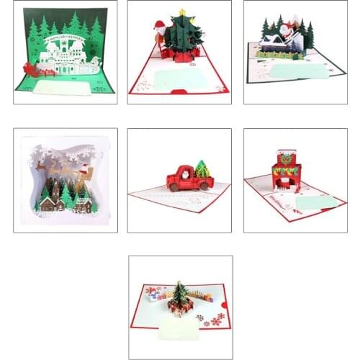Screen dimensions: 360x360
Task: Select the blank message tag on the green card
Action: coord(63,88)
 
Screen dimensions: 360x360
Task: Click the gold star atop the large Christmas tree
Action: coord(182,12)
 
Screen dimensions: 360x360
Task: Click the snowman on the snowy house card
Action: coord(286,32)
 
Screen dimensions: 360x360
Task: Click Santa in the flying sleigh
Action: coord(84,171)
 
